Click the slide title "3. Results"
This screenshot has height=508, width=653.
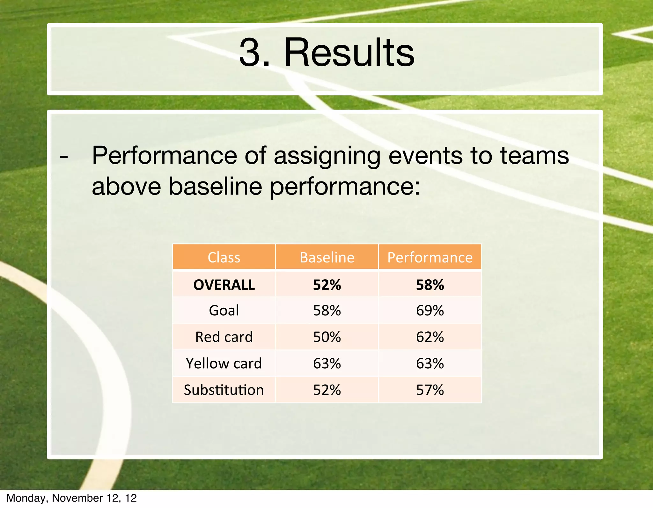(x=326, y=53)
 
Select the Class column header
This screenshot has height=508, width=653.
(x=224, y=257)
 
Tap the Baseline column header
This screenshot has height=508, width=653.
(x=327, y=257)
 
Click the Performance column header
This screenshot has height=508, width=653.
(x=430, y=257)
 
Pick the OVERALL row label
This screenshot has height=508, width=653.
(x=224, y=285)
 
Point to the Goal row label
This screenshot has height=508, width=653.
(x=224, y=310)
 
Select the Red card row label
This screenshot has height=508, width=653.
(x=224, y=337)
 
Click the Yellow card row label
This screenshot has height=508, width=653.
(x=224, y=364)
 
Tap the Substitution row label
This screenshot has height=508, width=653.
(x=224, y=390)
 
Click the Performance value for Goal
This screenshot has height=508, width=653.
(x=430, y=310)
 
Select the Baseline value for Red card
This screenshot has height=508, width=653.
(x=327, y=337)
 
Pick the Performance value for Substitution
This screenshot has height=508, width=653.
(x=430, y=390)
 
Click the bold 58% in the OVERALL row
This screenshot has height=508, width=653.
(x=430, y=285)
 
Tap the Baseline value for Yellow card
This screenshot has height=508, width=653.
(x=327, y=364)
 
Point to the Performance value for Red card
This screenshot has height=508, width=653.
(x=430, y=337)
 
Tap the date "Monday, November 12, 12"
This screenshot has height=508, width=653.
(x=71, y=498)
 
